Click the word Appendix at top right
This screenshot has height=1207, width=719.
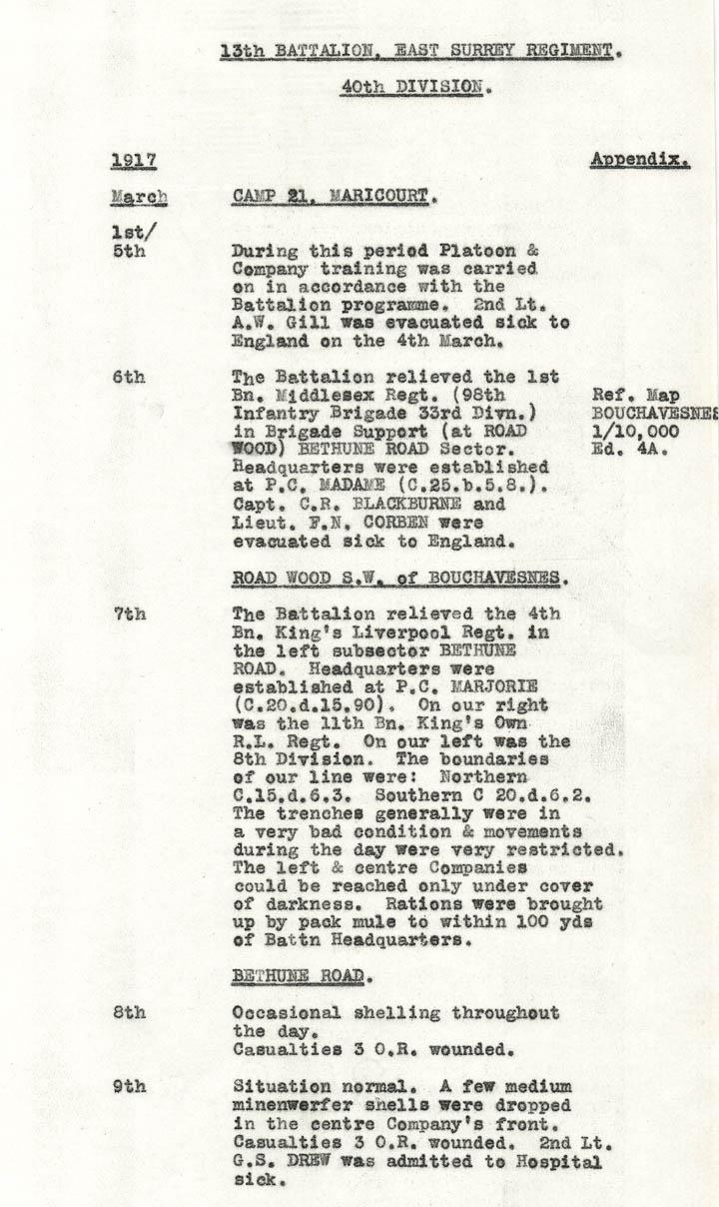[x=639, y=159]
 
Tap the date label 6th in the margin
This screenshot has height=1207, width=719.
[x=129, y=377]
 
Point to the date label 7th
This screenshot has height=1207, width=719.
[x=129, y=613]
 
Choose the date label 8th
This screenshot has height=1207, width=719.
[x=129, y=1012]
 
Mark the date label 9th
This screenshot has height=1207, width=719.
[x=129, y=1086]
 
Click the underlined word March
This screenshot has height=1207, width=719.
[x=139, y=198]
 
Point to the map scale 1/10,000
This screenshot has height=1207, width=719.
[x=635, y=432]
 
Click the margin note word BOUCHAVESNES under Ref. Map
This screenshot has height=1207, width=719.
[x=655, y=413]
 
